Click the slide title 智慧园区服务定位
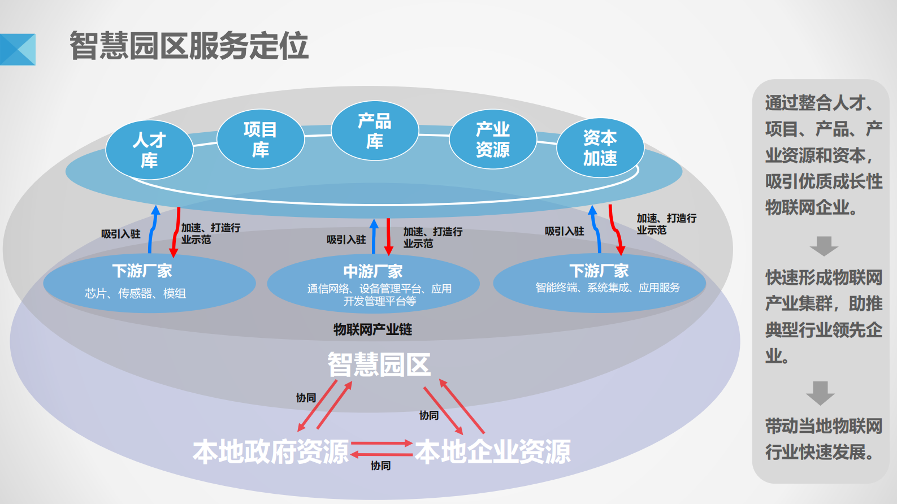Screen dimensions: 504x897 coord(189,46)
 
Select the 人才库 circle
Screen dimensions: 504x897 coord(150,150)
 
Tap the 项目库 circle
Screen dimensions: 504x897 coord(261,140)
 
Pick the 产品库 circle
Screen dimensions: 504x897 coord(375,131)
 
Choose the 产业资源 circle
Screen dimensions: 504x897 coord(492,139)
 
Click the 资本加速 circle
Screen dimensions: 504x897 coord(600,148)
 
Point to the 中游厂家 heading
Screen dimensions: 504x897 coord(373,272)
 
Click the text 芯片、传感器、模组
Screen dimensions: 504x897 coord(135,293)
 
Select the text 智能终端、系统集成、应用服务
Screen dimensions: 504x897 coord(608,288)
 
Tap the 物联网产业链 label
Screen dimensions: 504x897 coord(372,329)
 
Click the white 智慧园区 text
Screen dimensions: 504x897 coord(379,364)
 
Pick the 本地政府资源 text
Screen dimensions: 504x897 coord(271,452)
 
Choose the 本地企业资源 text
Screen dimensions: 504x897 coord(493,452)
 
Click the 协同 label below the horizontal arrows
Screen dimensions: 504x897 coord(380,466)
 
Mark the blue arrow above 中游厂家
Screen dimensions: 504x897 coord(374,236)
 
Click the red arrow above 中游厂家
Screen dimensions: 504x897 coord(388,236)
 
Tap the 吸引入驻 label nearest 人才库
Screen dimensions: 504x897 coord(120,234)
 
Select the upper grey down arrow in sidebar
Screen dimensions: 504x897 coord(824,246)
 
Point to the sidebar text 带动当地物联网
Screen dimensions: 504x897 coord(824,426)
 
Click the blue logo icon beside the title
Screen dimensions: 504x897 coord(18,50)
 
